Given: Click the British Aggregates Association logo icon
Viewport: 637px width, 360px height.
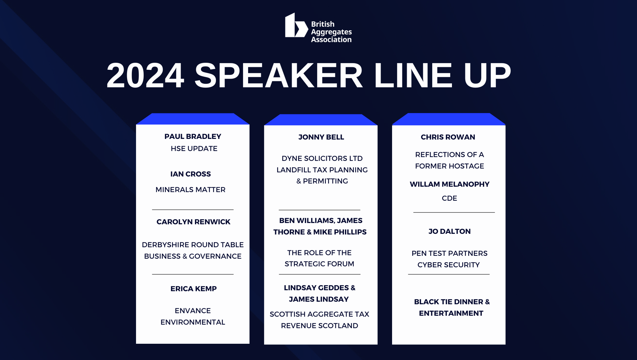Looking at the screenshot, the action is [x=297, y=25].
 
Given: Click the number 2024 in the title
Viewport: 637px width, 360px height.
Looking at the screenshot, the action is [x=146, y=76].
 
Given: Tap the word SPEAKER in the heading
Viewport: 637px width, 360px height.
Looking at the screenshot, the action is [x=279, y=76].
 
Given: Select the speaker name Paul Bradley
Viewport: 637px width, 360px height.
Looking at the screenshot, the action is [x=193, y=136].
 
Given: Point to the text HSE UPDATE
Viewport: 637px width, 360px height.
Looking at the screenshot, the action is [x=194, y=148].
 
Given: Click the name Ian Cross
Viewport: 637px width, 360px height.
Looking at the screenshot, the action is [x=190, y=174].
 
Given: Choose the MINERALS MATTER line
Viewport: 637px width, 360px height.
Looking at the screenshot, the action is [x=190, y=190].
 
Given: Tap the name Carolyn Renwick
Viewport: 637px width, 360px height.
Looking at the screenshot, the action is [x=193, y=222].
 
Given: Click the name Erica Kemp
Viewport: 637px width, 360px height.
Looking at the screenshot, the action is [x=193, y=289].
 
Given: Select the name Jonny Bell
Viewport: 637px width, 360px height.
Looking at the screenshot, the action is [x=321, y=137].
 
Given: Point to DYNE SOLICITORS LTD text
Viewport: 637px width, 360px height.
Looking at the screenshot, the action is [x=322, y=158].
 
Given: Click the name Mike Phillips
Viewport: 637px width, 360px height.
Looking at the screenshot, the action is [x=340, y=232].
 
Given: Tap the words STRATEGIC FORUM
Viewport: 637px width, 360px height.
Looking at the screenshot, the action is [x=319, y=264].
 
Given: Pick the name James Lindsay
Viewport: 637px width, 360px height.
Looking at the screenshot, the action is [x=319, y=299].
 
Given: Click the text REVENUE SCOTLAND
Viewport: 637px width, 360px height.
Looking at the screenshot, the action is [x=319, y=326].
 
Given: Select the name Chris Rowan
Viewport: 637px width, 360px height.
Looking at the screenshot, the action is [x=448, y=137].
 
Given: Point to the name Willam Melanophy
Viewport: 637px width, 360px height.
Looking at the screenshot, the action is [x=449, y=184].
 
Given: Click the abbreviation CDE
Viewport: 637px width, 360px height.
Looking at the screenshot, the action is [x=449, y=198].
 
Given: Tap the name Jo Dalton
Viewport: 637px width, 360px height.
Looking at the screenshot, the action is [x=449, y=231].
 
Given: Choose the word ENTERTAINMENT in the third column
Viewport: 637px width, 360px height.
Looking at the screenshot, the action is [x=451, y=313].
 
